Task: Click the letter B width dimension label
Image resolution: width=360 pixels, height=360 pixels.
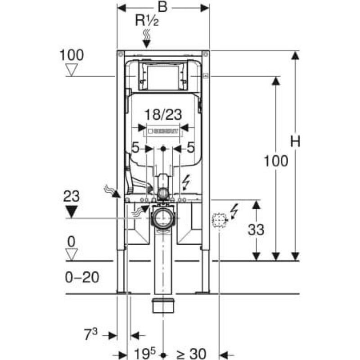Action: click(163, 8)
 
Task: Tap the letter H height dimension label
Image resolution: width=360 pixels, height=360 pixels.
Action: click(295, 142)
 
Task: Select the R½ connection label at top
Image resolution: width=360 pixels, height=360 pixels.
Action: click(147, 21)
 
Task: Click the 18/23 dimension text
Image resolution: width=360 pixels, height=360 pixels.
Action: click(163, 115)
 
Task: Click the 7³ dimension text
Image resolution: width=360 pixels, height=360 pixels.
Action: click(90, 335)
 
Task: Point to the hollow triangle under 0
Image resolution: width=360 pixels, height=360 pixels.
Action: click(72, 255)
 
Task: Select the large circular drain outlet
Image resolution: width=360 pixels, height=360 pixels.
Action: click(163, 218)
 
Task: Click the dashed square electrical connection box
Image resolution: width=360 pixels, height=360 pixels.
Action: click(219, 221)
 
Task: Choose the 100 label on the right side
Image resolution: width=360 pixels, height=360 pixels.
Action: click(276, 161)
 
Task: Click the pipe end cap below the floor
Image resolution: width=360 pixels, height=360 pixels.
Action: click(163, 306)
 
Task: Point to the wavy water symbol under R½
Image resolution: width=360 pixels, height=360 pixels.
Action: click(147, 34)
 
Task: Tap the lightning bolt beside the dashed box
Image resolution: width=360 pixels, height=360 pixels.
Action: click(234, 211)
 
